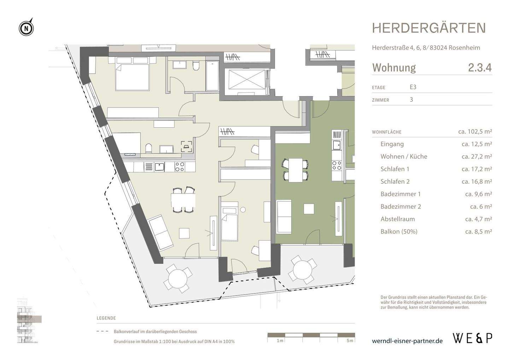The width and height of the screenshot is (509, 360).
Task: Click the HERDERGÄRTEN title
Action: pyautogui.click(x=429, y=28)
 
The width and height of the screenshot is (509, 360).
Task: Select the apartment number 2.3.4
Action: pyautogui.click(x=480, y=68)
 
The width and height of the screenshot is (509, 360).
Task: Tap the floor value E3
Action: pyautogui.click(x=413, y=87)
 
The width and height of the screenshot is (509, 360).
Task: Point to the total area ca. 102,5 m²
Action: pyautogui.click(x=475, y=132)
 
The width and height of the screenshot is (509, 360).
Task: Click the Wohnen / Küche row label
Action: pyautogui.click(x=404, y=156)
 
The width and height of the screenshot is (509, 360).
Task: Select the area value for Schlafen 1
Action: pyautogui.click(x=476, y=169)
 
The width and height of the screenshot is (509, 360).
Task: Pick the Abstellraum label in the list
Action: pyautogui.click(x=397, y=219)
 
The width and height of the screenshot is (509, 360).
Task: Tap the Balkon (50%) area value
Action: pyautogui.click(x=478, y=232)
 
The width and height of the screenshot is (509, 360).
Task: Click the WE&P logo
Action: pyautogui.click(x=472, y=338)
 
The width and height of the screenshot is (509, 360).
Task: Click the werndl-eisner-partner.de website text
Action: pyautogui.click(x=407, y=341)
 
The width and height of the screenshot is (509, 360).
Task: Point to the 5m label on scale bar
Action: pyautogui.click(x=350, y=341)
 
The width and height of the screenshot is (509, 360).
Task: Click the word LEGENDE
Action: pyautogui.click(x=106, y=318)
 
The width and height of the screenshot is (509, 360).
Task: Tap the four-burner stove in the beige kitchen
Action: pyautogui.click(x=180, y=167)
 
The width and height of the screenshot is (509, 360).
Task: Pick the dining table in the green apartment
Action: pyautogui.click(x=296, y=170)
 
